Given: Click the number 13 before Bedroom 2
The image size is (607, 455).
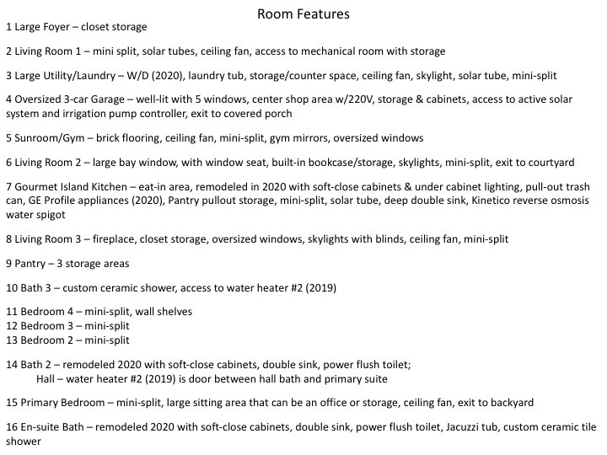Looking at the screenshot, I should pyautogui.click(x=11, y=340).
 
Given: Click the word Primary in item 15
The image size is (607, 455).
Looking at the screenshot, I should pyautogui.click(x=40, y=403).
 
